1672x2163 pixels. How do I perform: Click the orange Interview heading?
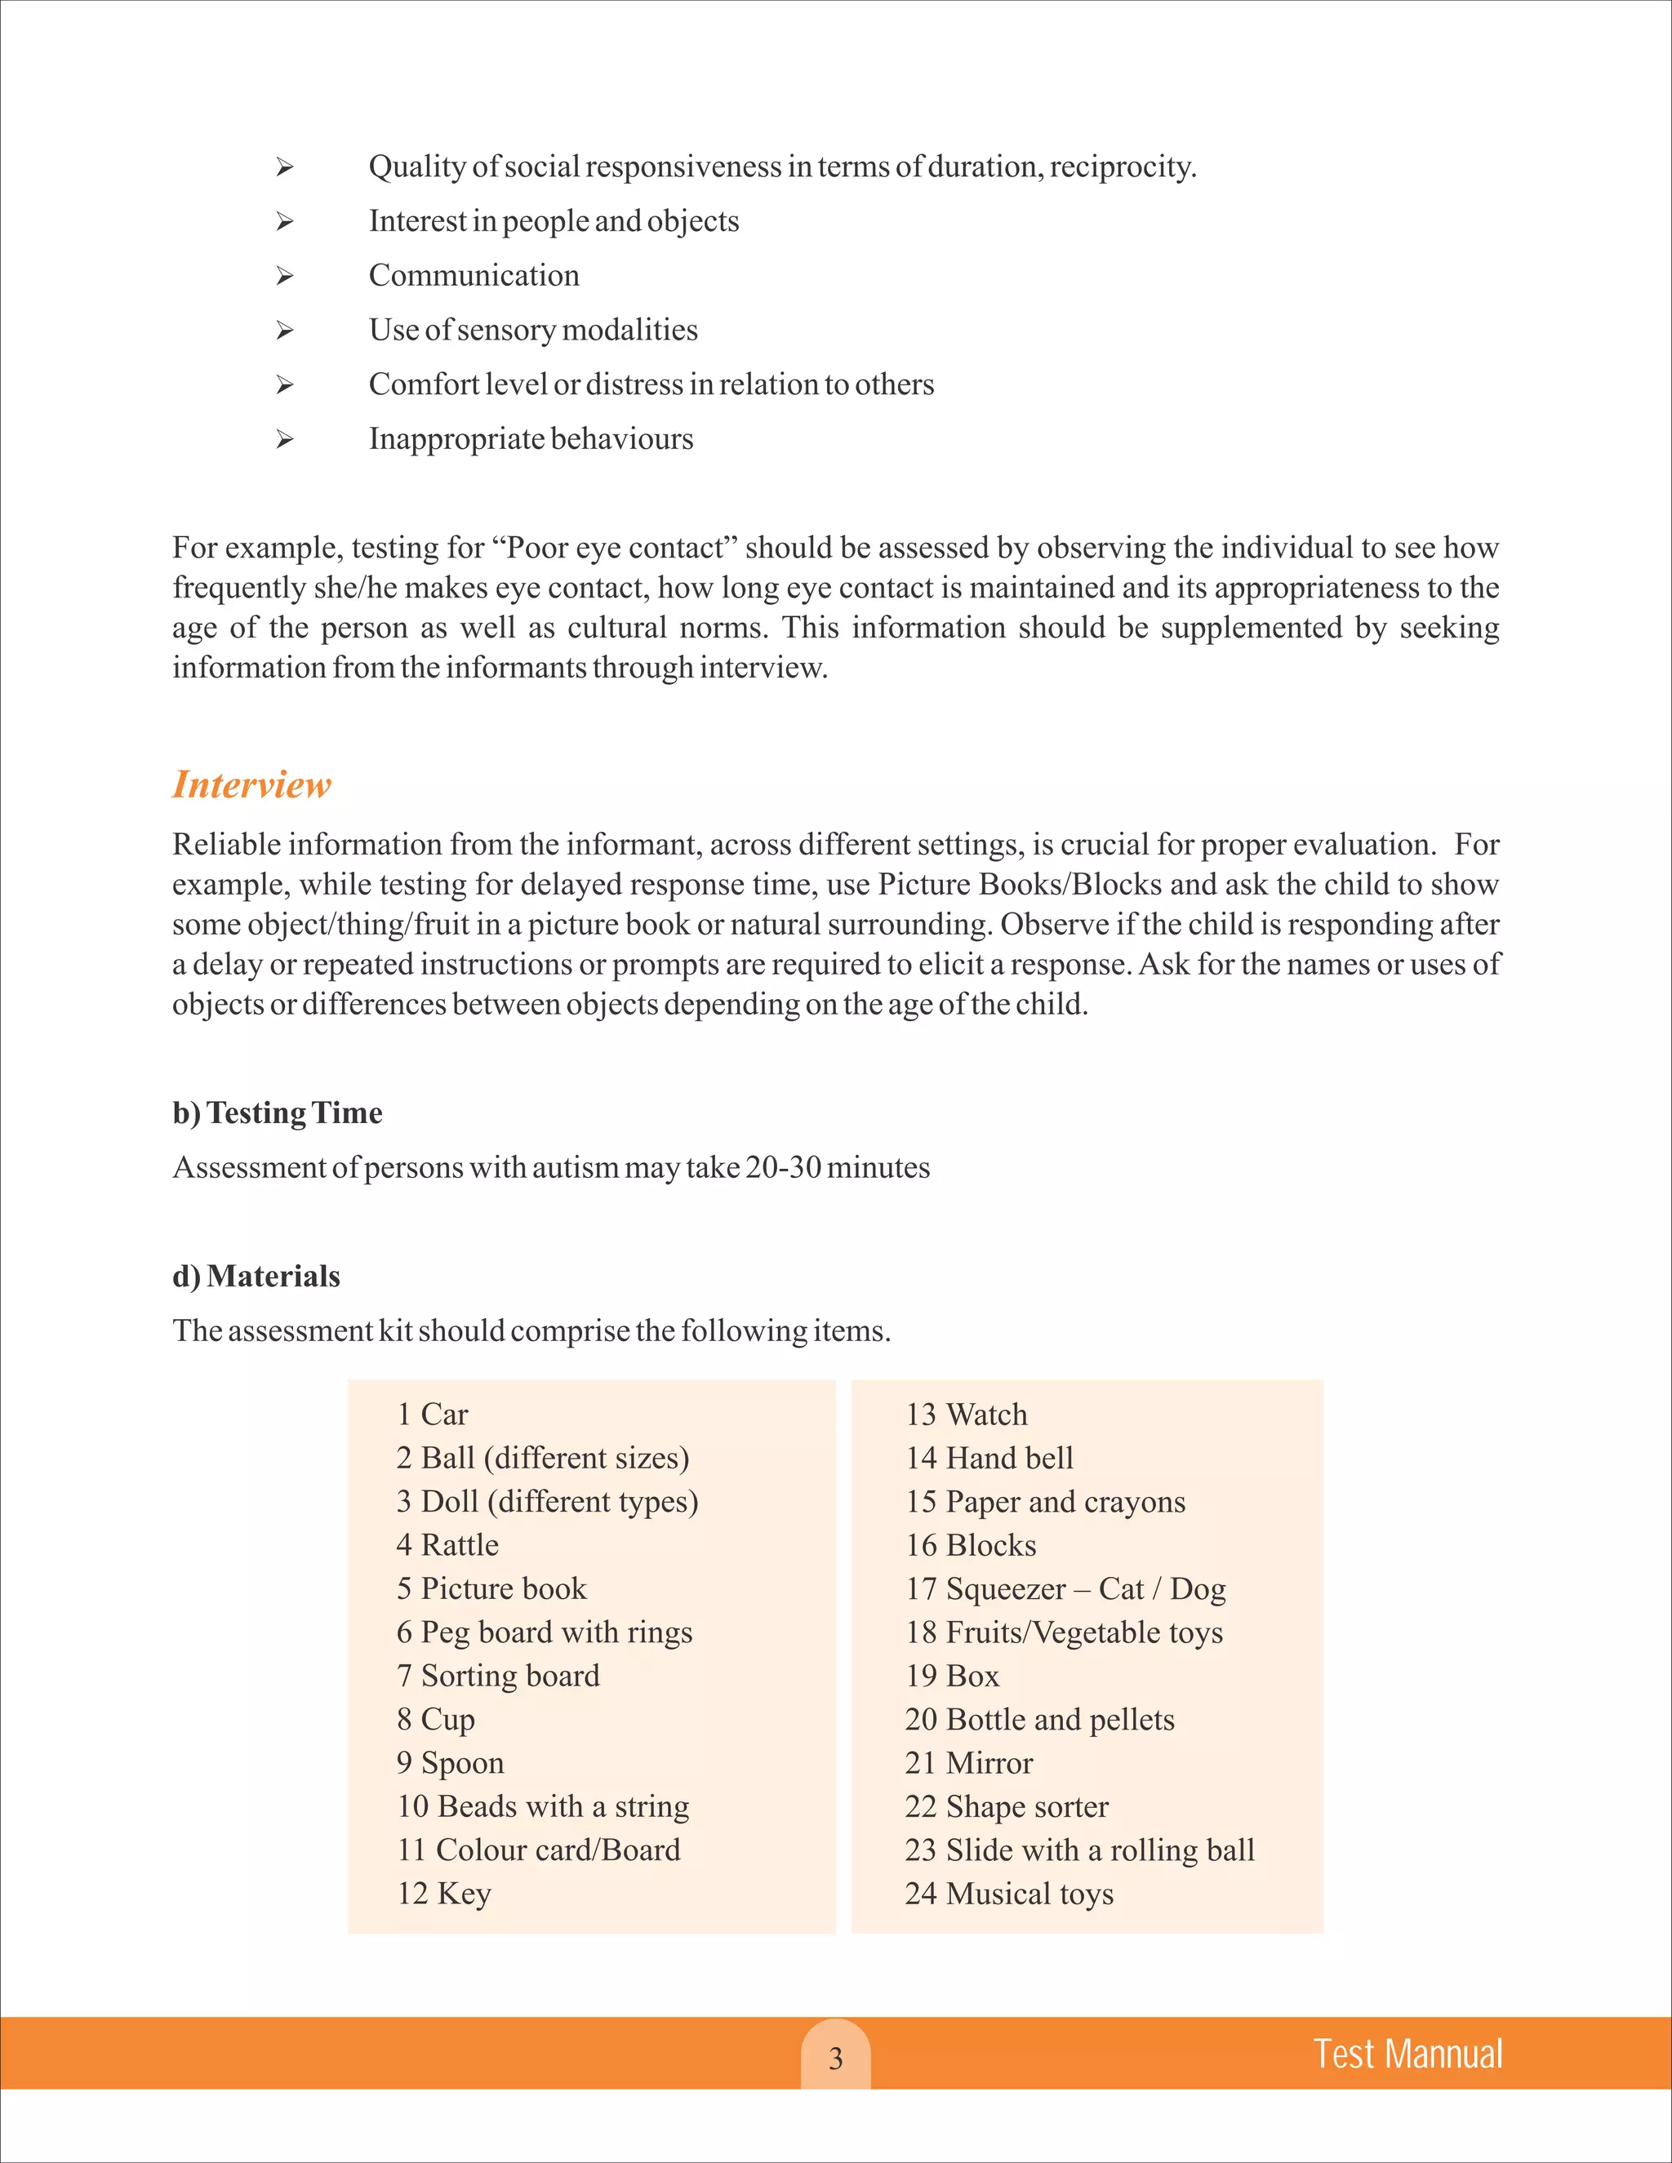(251, 784)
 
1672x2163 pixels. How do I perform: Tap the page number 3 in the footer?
(835, 2059)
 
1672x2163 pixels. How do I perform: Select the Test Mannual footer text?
(1407, 2054)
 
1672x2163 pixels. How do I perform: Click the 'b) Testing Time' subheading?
(278, 1113)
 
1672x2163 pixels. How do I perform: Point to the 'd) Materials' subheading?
(256, 1277)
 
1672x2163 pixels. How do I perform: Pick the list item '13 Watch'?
(966, 1415)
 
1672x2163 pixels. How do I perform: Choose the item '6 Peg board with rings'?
(544, 1632)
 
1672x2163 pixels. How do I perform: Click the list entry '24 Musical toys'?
(1008, 1894)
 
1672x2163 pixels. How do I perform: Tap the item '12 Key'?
(444, 1894)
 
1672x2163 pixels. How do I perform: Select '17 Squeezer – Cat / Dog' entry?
(1065, 1588)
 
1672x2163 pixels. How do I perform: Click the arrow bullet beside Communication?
(285, 277)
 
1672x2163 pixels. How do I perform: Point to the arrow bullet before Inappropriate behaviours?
(285, 440)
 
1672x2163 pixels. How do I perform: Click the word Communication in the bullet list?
(474, 275)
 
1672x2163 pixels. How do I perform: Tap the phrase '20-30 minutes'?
(837, 1168)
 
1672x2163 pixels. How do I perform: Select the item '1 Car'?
(432, 1415)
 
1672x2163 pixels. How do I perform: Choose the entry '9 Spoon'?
(451, 1763)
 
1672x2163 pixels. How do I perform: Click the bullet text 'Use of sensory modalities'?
(533, 330)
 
